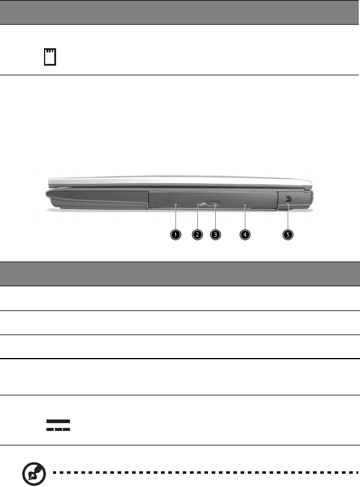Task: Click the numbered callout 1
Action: tap(175, 234)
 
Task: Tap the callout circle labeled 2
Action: tap(197, 234)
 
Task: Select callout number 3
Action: tap(215, 234)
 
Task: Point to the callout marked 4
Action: tap(245, 234)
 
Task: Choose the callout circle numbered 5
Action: tap(288, 234)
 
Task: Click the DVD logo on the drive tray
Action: tap(176, 199)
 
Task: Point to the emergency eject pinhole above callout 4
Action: tap(245, 204)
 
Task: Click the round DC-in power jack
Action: tap(288, 200)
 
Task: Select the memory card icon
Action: tap(50, 57)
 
